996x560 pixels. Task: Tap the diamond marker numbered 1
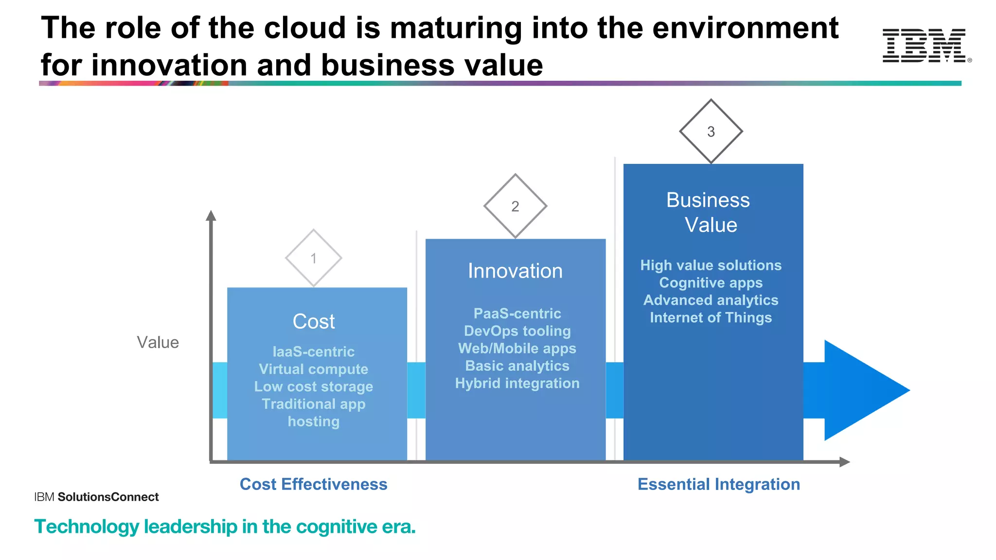pos(314,258)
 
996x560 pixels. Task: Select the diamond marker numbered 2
pos(515,206)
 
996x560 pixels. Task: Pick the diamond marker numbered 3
pos(711,131)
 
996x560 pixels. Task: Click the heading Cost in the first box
pos(314,321)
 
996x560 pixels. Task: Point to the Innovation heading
pos(515,271)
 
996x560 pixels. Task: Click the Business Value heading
pos(710,212)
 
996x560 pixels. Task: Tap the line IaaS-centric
pos(314,351)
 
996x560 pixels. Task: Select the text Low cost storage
pos(314,386)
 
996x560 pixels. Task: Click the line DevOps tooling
pos(517,331)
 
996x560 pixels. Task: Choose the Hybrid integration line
pos(517,383)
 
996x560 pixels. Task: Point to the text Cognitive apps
pos(711,283)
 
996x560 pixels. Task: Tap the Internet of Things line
pos(711,317)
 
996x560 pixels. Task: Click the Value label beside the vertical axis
pos(158,342)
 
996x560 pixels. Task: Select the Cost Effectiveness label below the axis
pos(314,484)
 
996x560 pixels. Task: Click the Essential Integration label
pos(718,484)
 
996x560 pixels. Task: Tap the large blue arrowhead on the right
pos(861,390)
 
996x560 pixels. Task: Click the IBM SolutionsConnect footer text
pos(96,497)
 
